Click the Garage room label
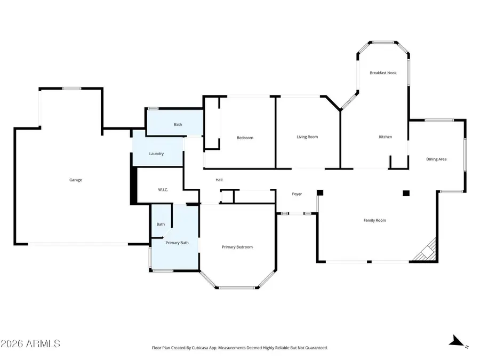(75, 180)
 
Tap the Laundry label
(156, 154)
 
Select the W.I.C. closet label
(163, 190)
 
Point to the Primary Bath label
(177, 243)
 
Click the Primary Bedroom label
(237, 247)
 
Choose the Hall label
(219, 180)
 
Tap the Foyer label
(297, 194)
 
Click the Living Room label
(307, 137)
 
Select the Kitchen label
(385, 137)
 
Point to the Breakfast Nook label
(383, 73)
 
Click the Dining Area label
(436, 159)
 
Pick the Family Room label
(374, 220)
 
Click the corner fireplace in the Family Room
(428, 251)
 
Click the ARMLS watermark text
(30, 343)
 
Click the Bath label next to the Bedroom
(178, 124)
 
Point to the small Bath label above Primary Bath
(161, 224)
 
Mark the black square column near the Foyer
(320, 193)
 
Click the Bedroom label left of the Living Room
(245, 138)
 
